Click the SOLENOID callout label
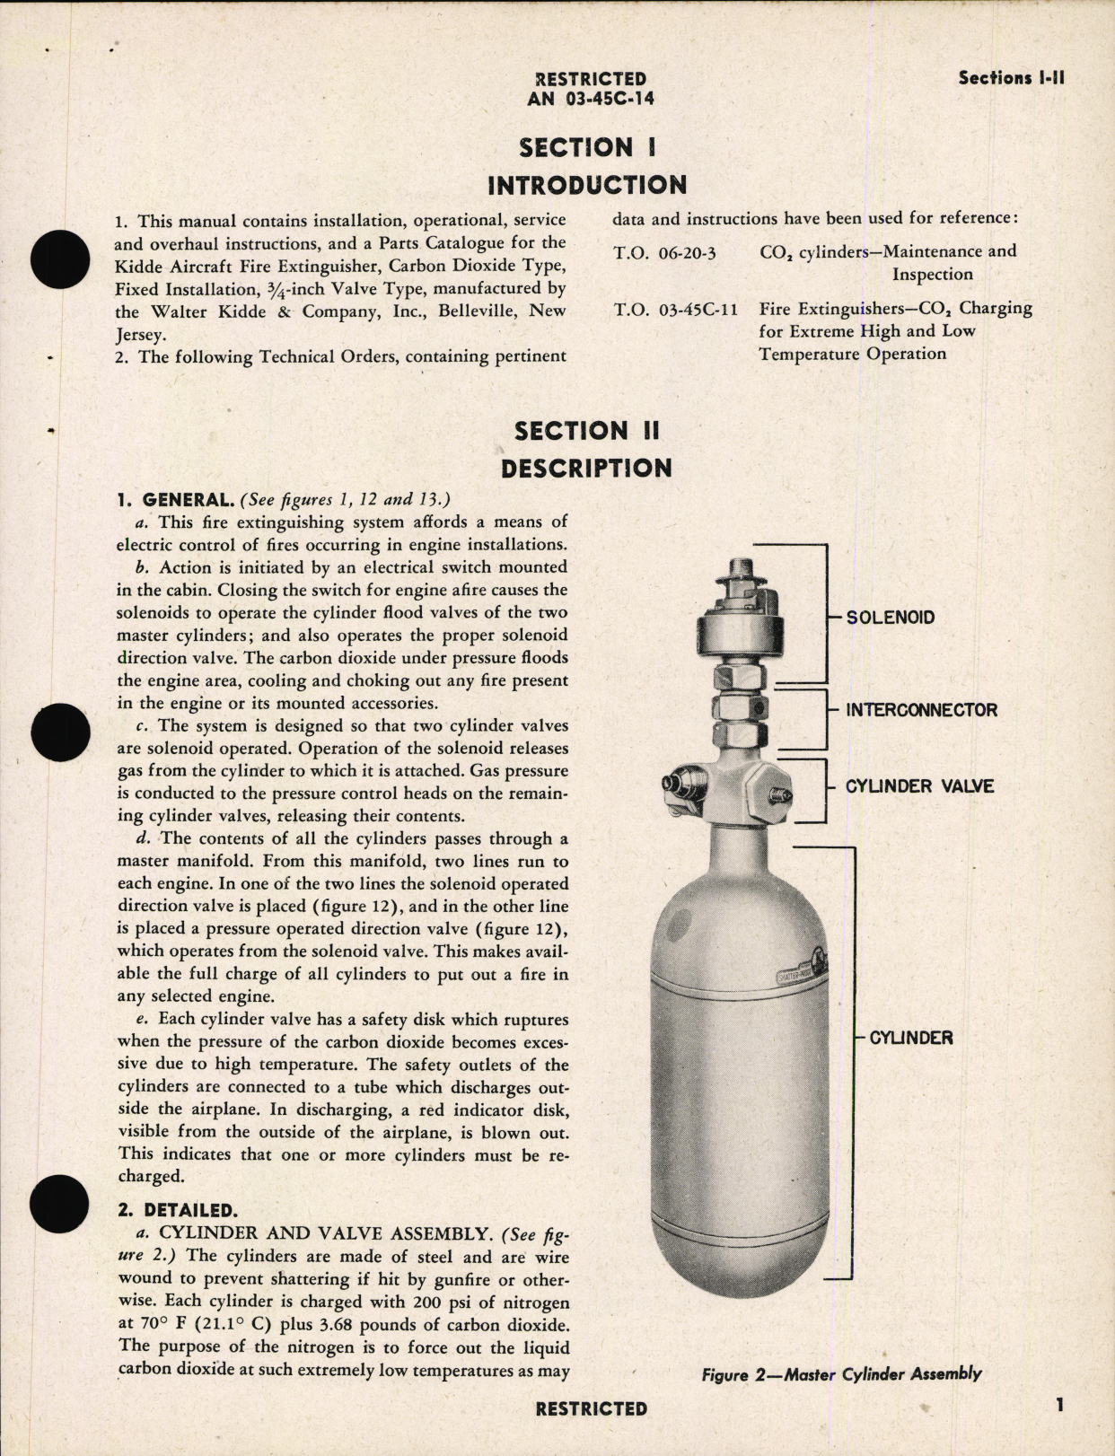(890, 618)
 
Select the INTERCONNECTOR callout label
(921, 710)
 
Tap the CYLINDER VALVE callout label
(919, 786)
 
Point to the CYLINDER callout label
(910, 1038)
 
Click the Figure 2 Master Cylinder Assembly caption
(841, 1373)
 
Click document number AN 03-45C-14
(590, 99)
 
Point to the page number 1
(1060, 1405)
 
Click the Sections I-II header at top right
(1011, 78)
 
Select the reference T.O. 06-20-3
(664, 253)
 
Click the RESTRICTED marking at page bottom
(591, 1408)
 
